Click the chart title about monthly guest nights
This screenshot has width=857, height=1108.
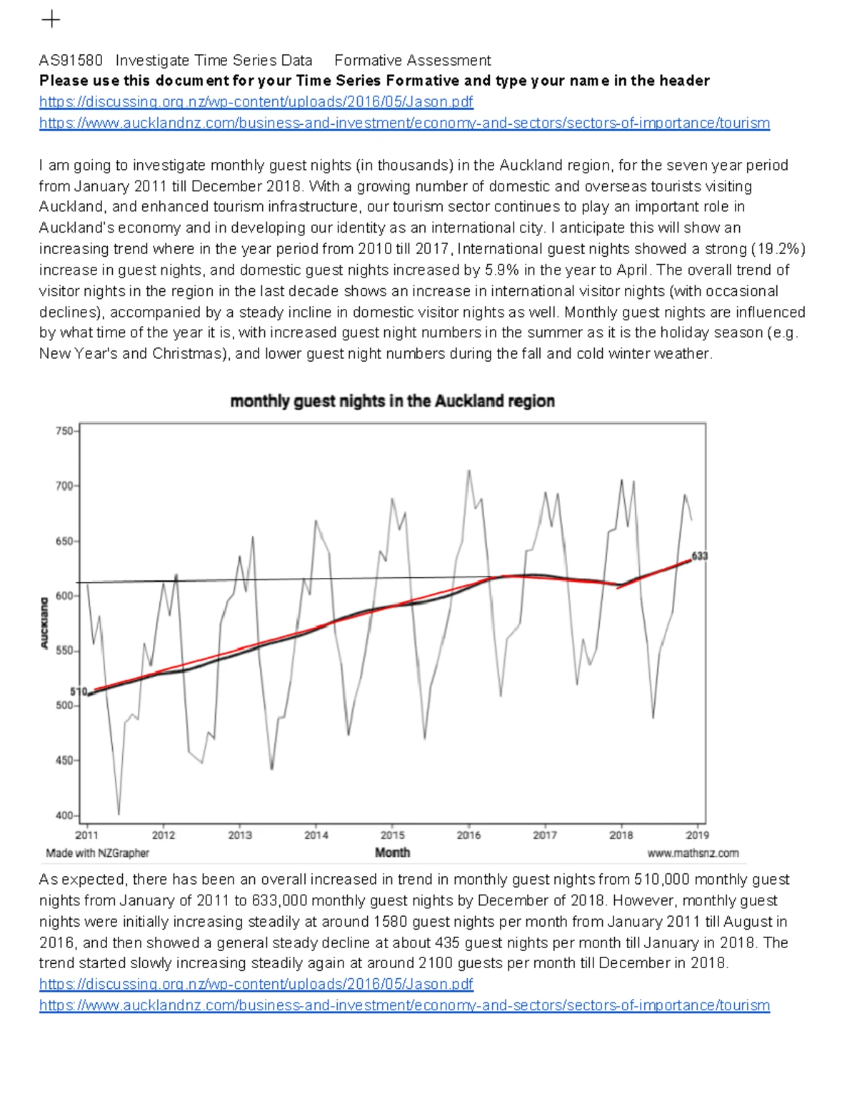click(392, 402)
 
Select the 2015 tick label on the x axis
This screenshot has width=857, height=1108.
click(392, 835)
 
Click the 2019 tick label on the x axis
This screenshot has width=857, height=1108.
click(697, 835)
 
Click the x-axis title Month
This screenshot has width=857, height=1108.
click(392, 853)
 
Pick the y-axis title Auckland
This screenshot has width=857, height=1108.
click(44, 623)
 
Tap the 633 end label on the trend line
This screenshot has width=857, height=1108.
click(700, 556)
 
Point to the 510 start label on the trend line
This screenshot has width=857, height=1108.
click(78, 691)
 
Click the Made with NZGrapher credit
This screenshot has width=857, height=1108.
click(98, 853)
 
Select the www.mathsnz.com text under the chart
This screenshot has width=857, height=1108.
click(693, 853)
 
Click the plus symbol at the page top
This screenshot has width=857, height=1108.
click(51, 19)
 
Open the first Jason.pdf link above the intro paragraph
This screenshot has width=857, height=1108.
click(256, 102)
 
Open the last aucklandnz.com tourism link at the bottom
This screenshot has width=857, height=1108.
click(404, 1006)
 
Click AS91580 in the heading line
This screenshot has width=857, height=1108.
click(71, 61)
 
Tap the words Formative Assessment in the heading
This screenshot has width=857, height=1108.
click(412, 61)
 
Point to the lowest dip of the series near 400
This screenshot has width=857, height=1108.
click(119, 814)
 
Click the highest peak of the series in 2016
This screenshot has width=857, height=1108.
click(468, 470)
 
